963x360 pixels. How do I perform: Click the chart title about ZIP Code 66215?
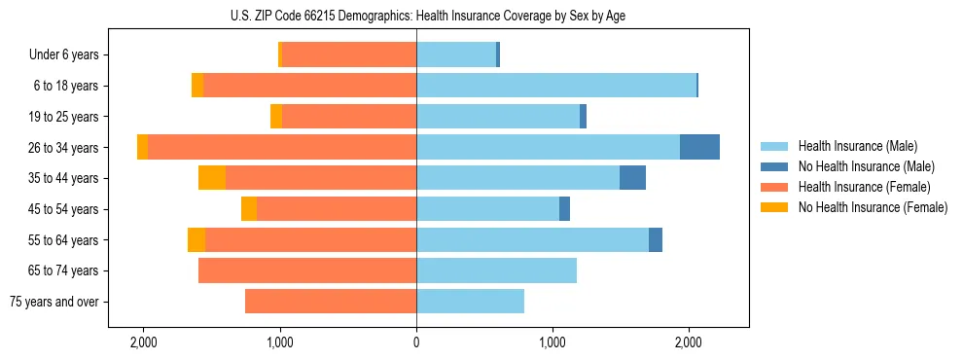[416, 16]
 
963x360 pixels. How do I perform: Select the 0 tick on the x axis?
[416, 342]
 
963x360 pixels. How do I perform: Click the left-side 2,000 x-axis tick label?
[144, 342]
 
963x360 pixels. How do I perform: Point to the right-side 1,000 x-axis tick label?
[553, 342]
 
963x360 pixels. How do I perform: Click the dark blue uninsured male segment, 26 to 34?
[699, 147]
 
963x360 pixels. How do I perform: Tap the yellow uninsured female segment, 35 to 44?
[212, 178]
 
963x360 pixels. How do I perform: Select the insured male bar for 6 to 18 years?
[556, 86]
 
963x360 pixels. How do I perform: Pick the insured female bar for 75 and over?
[331, 302]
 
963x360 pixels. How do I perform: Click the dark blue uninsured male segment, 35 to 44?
[632, 178]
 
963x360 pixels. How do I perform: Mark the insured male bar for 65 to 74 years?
[496, 270]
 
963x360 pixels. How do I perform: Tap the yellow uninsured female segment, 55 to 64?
[196, 239]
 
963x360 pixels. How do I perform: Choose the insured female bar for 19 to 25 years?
[349, 117]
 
